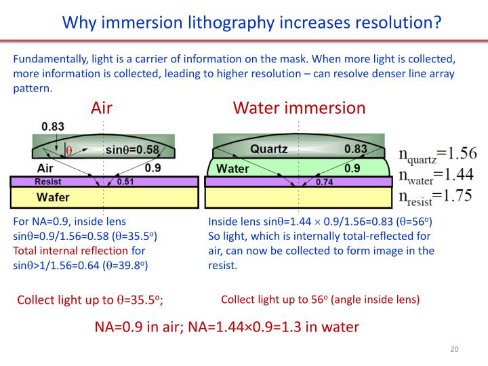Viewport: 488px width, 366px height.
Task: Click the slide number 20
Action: pyautogui.click(x=454, y=349)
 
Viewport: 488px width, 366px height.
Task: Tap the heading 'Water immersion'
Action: pyautogui.click(x=299, y=108)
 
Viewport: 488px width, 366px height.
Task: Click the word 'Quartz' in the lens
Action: pyautogui.click(x=269, y=149)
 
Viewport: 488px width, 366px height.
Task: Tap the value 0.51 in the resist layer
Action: pyautogui.click(x=125, y=182)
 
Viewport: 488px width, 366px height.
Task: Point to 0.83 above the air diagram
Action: pyautogui.click(x=53, y=126)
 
